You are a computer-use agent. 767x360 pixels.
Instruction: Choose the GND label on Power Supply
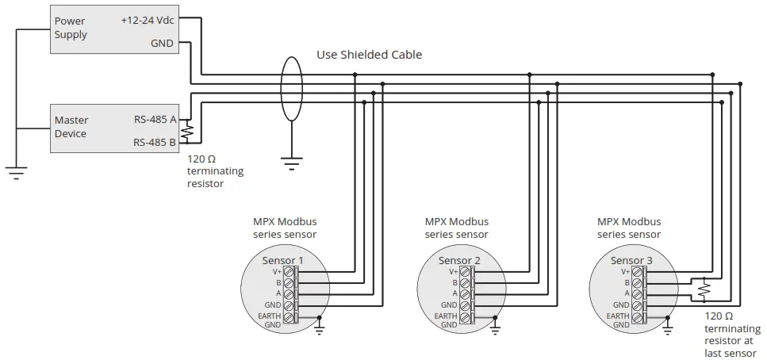(x=162, y=44)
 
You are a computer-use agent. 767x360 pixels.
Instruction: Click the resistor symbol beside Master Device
(x=187, y=130)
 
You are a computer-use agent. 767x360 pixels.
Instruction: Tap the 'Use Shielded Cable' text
(x=369, y=55)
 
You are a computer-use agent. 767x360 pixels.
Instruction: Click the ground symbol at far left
(x=16, y=171)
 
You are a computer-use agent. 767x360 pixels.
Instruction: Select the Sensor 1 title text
(x=282, y=260)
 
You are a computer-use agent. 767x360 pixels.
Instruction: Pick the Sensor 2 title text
(x=459, y=260)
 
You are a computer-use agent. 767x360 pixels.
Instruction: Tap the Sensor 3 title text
(x=631, y=260)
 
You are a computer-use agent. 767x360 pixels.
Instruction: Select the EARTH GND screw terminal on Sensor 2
(x=465, y=317)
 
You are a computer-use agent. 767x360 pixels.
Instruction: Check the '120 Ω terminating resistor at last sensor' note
(x=730, y=334)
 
